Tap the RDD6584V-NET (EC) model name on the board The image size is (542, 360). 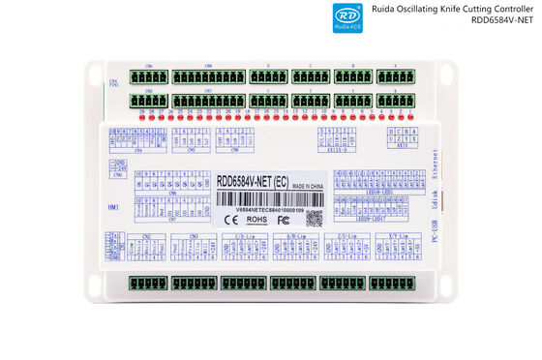tap(253, 180)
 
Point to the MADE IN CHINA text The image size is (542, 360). tap(313, 181)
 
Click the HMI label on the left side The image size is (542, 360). tap(112, 206)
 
